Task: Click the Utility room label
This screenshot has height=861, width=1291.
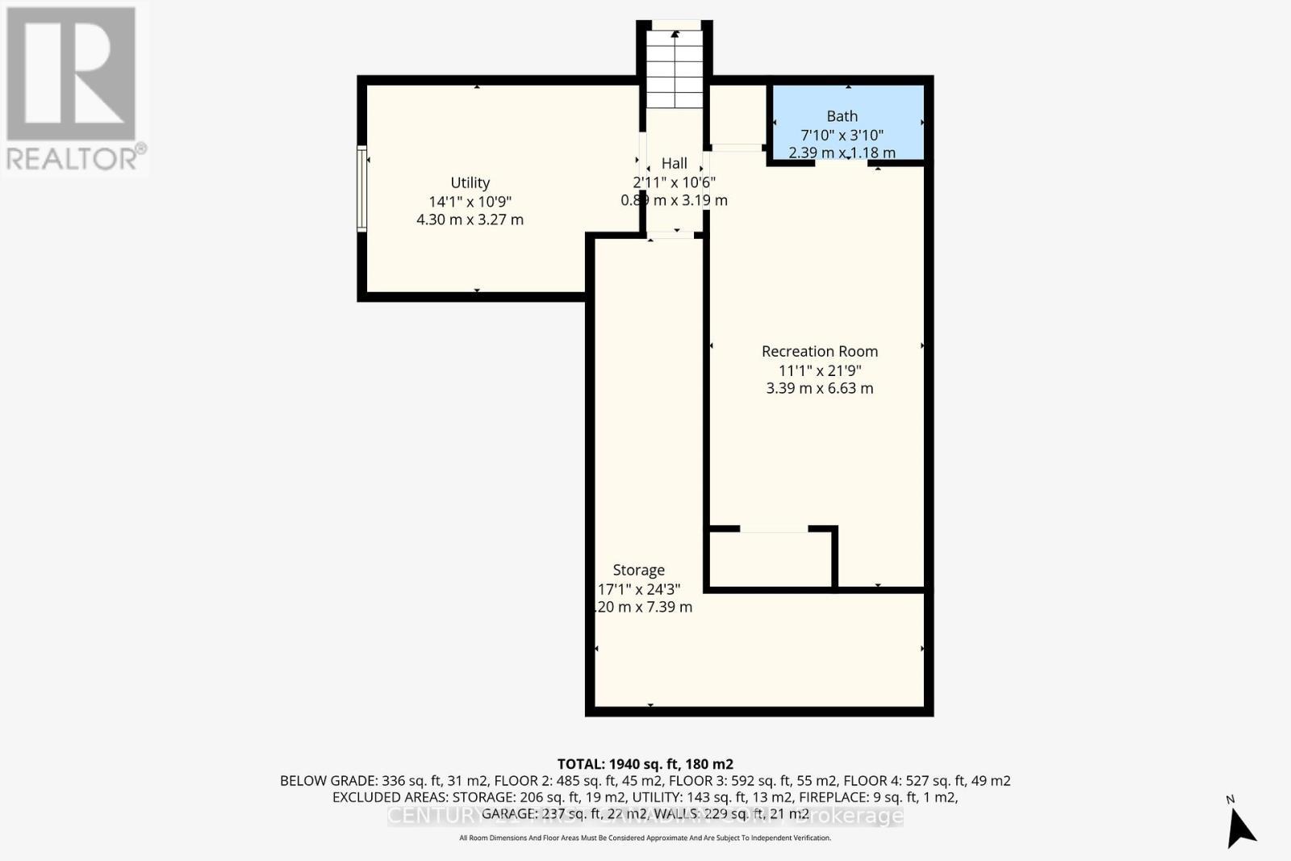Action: (470, 183)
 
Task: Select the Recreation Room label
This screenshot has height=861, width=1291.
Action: (819, 351)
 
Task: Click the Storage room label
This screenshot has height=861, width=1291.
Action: (638, 570)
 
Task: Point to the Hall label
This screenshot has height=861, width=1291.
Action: (674, 163)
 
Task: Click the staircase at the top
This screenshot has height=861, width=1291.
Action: (675, 69)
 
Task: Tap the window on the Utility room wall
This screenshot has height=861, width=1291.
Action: (361, 189)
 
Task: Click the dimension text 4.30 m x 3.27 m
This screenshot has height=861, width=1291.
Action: (470, 219)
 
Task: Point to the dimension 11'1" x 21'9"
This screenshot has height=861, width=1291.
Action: (819, 370)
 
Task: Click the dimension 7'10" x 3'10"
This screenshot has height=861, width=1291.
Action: (842, 135)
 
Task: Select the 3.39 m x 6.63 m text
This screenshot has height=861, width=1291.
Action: (819, 388)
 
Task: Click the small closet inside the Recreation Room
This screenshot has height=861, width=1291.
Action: (771, 558)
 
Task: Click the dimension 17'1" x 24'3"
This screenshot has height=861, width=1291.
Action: (638, 589)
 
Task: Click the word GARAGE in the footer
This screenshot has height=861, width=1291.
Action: (508, 813)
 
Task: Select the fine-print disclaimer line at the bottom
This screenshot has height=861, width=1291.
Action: (645, 838)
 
